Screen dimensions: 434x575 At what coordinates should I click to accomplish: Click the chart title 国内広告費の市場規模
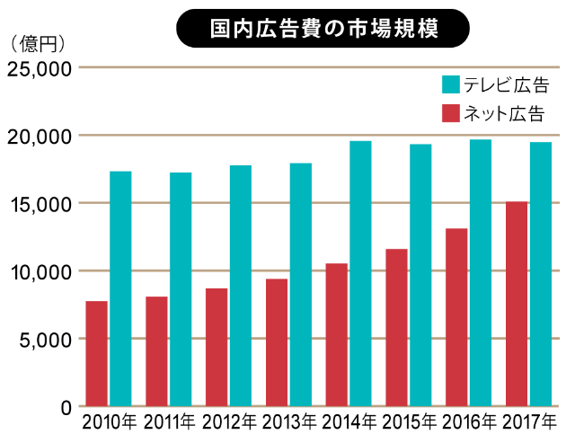323,27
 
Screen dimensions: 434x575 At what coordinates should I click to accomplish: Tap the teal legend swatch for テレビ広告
451,86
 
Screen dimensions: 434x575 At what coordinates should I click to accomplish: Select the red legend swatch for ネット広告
451,114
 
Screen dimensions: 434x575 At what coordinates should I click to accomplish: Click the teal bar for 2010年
120,288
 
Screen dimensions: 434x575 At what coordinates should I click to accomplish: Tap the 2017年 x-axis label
528,421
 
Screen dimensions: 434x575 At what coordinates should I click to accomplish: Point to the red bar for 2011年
156,351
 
